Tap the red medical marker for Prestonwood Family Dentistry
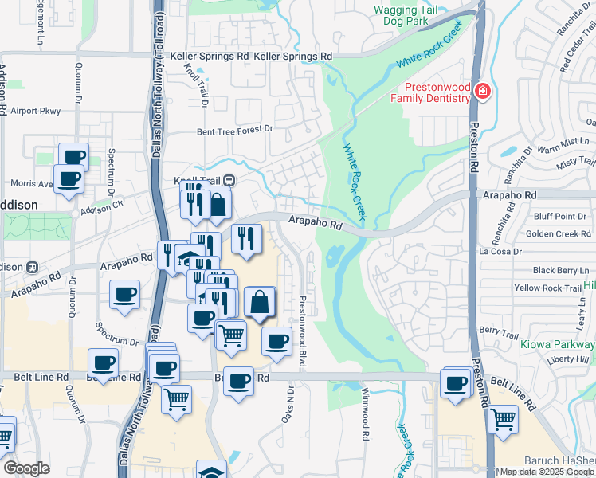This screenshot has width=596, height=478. [x=481, y=92]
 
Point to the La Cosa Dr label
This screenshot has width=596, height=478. [x=500, y=252]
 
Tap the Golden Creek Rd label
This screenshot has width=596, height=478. [x=558, y=233]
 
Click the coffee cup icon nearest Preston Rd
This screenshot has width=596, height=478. [x=456, y=382]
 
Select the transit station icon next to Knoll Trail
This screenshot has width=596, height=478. [x=229, y=180]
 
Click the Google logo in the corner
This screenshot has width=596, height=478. [x=26, y=468]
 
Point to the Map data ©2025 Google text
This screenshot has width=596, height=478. [x=546, y=472]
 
